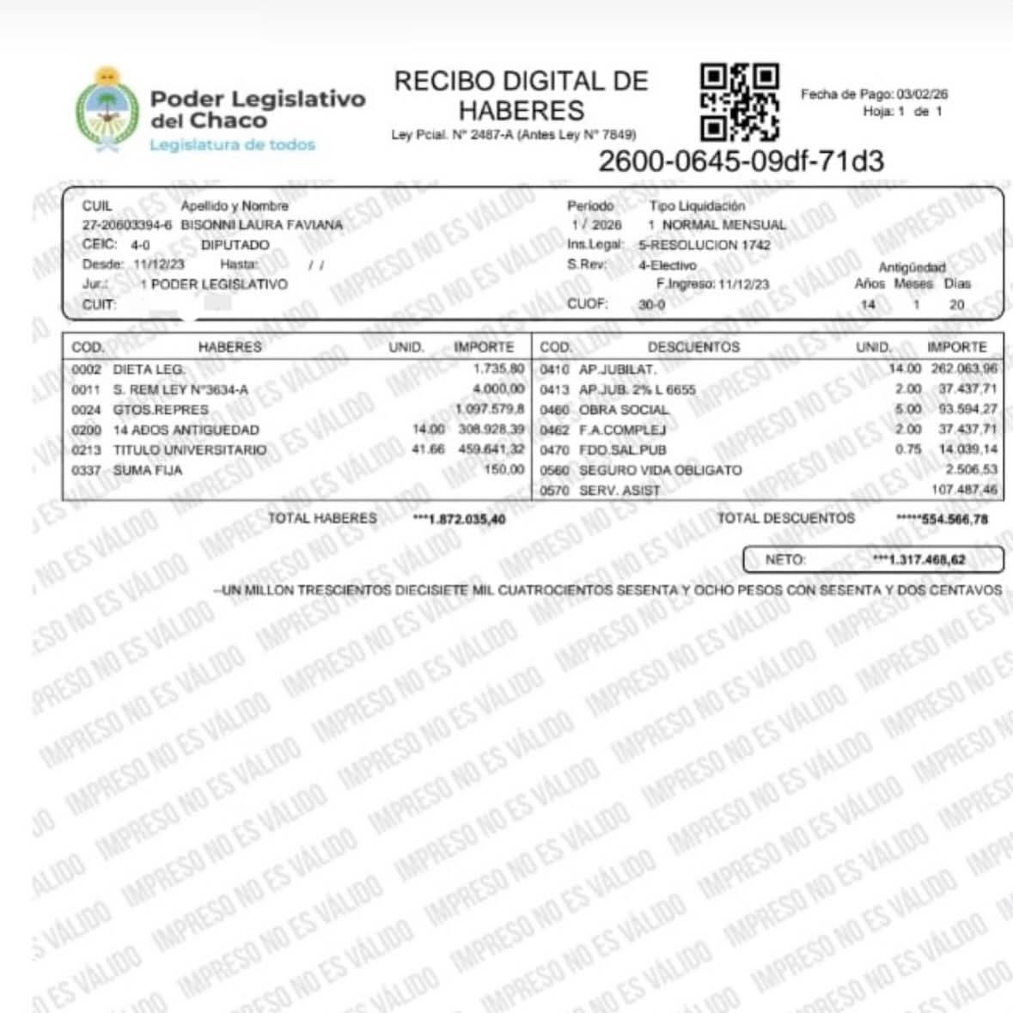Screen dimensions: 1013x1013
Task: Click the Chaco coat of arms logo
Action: coord(107,111)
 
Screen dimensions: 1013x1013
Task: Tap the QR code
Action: coord(740,102)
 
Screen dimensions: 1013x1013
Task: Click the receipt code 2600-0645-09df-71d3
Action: coord(741,161)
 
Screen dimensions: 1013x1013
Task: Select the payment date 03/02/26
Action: coord(922,95)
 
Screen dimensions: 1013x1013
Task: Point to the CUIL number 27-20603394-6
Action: coord(127,225)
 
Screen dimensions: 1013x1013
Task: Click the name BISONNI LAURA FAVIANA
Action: coord(262,225)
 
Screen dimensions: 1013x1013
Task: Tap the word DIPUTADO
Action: coord(235,245)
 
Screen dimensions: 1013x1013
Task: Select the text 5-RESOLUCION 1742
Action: coord(705,245)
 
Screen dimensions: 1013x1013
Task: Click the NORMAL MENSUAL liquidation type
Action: coord(723,225)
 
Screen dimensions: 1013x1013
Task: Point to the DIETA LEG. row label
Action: coord(149,369)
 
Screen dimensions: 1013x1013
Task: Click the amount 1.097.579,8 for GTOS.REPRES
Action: coord(490,409)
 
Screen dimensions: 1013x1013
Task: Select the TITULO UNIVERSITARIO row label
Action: coord(190,450)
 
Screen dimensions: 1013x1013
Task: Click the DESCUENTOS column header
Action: coord(693,347)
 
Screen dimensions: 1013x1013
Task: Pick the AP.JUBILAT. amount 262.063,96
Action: coord(967,369)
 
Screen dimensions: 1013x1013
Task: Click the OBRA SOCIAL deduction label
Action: coord(623,410)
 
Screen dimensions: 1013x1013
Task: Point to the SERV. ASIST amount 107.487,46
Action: coord(965,490)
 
